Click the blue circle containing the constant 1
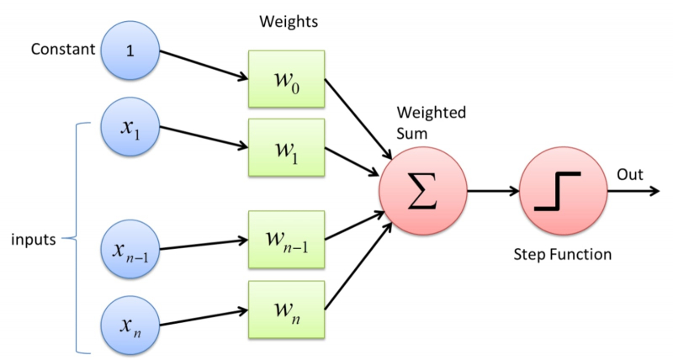pos(129,50)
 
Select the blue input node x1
pos(129,130)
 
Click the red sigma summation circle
pos(422,192)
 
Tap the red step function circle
pos(562,192)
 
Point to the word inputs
pos(33,240)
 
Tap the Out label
pos(629,174)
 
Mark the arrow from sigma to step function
pos(492,192)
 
